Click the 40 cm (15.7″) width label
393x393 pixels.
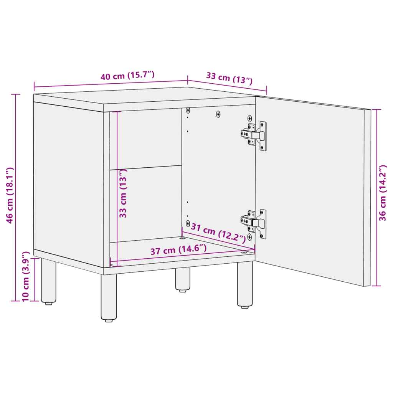[x=127, y=75]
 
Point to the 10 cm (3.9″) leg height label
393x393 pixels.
[x=26, y=276]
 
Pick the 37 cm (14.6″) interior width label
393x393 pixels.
[x=178, y=250]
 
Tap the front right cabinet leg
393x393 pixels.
[x=244, y=284]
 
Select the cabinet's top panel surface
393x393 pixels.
[x=146, y=96]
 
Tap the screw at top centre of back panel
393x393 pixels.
[x=218, y=114]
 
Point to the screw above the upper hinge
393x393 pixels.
[x=249, y=118]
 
